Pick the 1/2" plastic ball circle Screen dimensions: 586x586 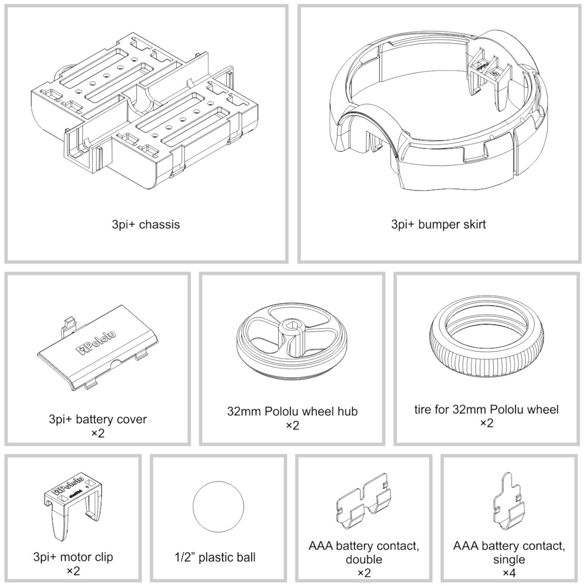(x=218, y=507)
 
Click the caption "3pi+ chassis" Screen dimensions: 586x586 (x=146, y=224)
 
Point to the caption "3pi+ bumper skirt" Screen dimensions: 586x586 (x=438, y=224)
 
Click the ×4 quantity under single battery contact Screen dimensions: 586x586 (x=509, y=572)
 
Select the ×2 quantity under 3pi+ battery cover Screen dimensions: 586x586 (x=98, y=433)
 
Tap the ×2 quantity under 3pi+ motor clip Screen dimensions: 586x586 (x=73, y=571)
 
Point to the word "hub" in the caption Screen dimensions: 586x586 (x=347, y=411)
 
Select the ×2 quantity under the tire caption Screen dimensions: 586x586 (x=487, y=423)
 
